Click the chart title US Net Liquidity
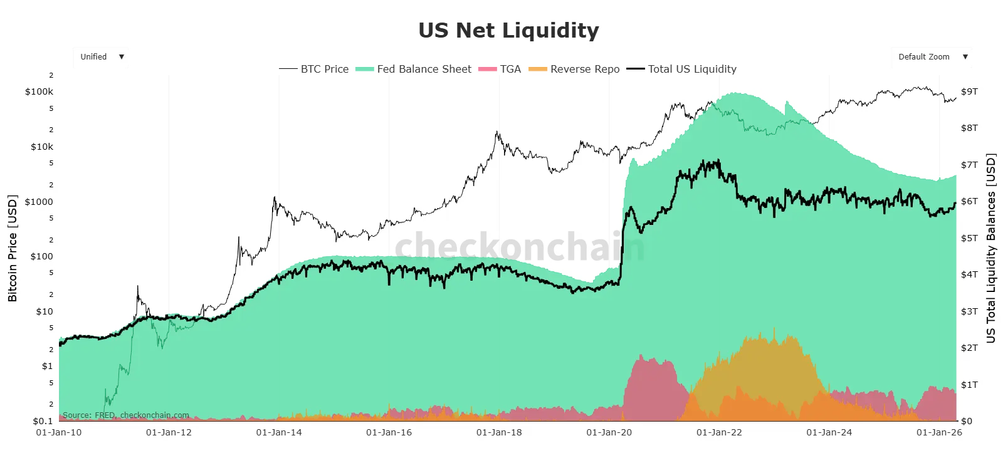pyautogui.click(x=508, y=30)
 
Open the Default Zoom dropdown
pyautogui.click(x=932, y=56)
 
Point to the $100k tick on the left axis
pyautogui.click(x=39, y=91)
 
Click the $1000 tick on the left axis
pyautogui.click(x=39, y=202)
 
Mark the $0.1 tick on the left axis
pyautogui.click(x=43, y=420)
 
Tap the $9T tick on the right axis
pyautogui.click(x=969, y=91)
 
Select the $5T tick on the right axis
pyautogui.click(x=969, y=238)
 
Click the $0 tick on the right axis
pyautogui.click(x=966, y=420)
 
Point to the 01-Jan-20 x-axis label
pyautogui.click(x=609, y=432)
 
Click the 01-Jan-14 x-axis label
pyautogui.click(x=279, y=432)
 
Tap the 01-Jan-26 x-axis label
pyautogui.click(x=939, y=432)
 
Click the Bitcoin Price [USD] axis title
pyautogui.click(x=13, y=248)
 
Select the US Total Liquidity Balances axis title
pyautogui.click(x=990, y=248)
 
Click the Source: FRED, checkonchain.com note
pyautogui.click(x=126, y=415)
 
